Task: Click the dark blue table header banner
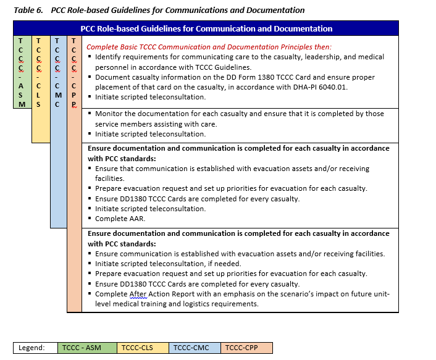click(206, 28)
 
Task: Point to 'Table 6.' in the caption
click(28, 10)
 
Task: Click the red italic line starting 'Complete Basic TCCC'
click(209, 47)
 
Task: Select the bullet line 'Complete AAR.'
click(119, 219)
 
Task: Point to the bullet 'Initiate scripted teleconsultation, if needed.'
click(168, 264)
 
